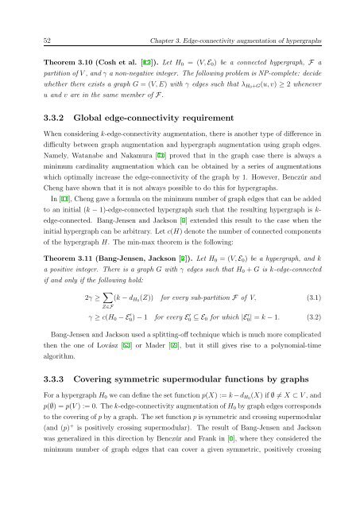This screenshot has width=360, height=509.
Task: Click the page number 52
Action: [47, 29]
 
